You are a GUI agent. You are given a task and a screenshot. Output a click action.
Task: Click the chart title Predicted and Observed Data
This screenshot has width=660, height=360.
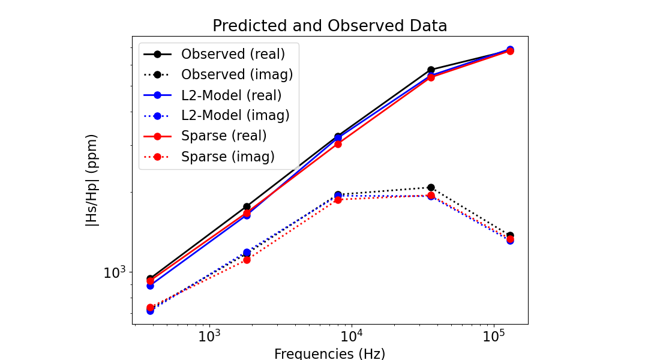(x=329, y=26)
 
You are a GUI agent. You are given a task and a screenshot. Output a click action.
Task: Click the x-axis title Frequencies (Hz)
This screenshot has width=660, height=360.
(x=329, y=353)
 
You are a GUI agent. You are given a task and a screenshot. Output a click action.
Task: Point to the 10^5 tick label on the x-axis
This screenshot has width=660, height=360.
(x=493, y=336)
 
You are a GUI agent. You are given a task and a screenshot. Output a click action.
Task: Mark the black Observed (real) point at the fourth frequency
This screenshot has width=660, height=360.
(x=431, y=70)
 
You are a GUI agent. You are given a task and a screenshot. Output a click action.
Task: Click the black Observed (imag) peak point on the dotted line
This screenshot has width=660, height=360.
(x=431, y=187)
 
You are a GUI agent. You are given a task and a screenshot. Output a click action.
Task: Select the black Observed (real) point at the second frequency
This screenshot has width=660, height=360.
(x=247, y=206)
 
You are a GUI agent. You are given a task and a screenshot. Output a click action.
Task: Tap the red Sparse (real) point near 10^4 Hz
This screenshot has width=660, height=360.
(x=338, y=144)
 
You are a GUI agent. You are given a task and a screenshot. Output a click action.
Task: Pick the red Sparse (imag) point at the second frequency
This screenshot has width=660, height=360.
(x=247, y=260)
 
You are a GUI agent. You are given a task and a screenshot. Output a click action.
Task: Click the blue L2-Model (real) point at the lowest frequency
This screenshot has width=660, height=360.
(x=150, y=286)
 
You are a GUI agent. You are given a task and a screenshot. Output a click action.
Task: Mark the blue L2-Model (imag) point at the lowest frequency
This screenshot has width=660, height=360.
(x=150, y=311)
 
